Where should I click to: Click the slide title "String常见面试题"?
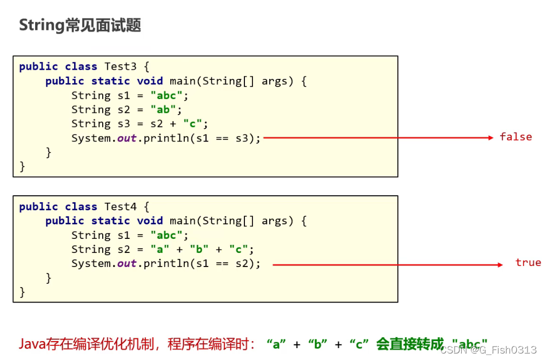tap(80, 25)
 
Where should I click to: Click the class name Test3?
tap(121, 66)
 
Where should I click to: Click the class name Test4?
tap(121, 206)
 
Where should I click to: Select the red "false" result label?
tap(515, 137)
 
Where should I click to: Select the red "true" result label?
tap(528, 263)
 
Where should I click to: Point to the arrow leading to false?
tap(378, 138)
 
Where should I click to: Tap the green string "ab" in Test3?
tap(167, 110)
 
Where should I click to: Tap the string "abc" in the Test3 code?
tap(170, 96)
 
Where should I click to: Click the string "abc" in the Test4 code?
tap(170, 235)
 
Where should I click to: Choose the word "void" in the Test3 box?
tap(150, 81)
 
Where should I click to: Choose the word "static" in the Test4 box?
tap(110, 221)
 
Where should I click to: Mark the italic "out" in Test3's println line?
tap(127, 138)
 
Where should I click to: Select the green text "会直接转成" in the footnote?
tap(409, 344)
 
